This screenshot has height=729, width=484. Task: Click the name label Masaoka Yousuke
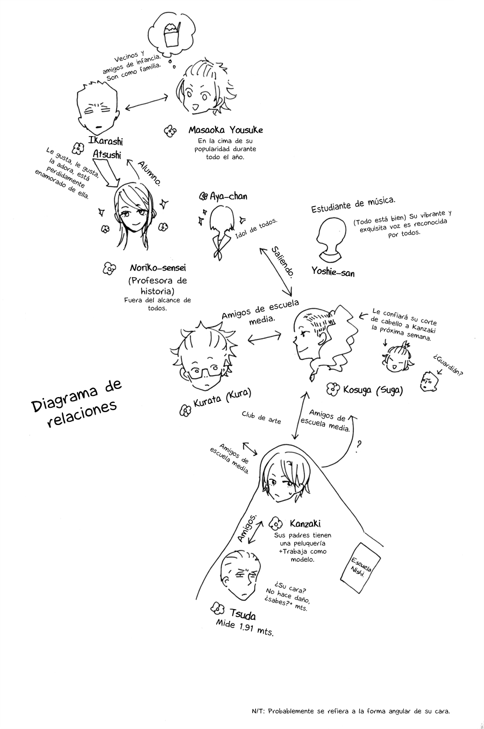point(226,130)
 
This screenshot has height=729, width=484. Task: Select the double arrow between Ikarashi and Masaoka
point(146,102)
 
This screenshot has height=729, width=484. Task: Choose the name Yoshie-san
point(333,271)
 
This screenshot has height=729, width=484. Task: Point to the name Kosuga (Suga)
point(373,389)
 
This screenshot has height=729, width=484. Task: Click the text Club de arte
point(261,417)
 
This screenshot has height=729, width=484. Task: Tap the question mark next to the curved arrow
point(359,447)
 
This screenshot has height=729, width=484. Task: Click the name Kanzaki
point(305,523)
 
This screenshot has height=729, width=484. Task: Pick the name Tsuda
point(243,613)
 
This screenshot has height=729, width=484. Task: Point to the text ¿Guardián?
point(447,365)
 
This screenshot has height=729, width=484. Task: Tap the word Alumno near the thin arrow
point(150,173)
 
